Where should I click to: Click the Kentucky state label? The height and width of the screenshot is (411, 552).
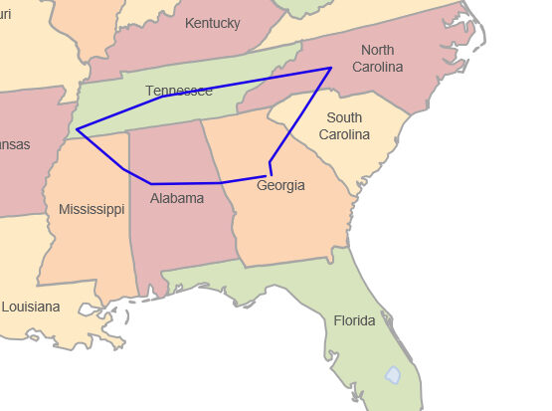pos(212,23)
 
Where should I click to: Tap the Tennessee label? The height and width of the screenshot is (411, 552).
pos(179,91)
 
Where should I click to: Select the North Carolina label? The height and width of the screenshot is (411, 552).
pos(378,59)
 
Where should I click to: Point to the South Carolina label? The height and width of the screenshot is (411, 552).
pos(344,126)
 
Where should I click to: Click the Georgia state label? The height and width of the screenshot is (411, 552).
pos(280,186)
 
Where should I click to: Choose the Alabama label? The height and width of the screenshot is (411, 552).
pos(177,198)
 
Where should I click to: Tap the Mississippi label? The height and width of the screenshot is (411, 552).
pos(92,209)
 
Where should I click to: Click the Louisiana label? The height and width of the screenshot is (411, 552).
pos(30,307)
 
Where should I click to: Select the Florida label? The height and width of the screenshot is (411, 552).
pos(354,320)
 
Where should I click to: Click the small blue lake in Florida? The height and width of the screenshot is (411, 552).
pos(393,375)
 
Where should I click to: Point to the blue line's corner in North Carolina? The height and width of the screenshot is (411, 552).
pos(330,69)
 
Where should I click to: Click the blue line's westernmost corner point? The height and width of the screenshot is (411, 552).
pos(77,129)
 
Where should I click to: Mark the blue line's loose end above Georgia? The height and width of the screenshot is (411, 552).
pos(272,175)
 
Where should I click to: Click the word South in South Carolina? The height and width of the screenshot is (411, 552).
pos(344,118)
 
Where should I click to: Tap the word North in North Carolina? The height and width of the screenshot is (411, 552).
pos(378,51)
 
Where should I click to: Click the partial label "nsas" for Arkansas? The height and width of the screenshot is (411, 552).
pos(14,144)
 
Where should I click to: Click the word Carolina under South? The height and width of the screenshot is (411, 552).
pos(344,134)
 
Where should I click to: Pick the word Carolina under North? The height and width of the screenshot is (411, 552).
pos(378,67)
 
